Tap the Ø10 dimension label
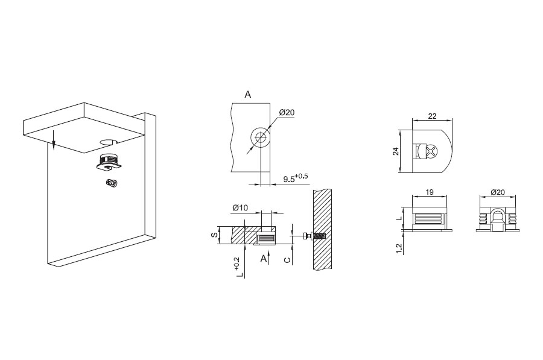pyautogui.click(x=240, y=208)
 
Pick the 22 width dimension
pyautogui.click(x=432, y=116)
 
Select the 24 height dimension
pyautogui.click(x=396, y=151)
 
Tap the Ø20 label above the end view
pyautogui.click(x=498, y=192)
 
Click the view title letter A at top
pyautogui.click(x=247, y=95)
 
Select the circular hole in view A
pyautogui.click(x=261, y=137)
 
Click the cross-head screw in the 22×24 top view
pyautogui.click(x=433, y=151)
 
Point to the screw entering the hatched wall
pyautogui.click(x=315, y=236)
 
